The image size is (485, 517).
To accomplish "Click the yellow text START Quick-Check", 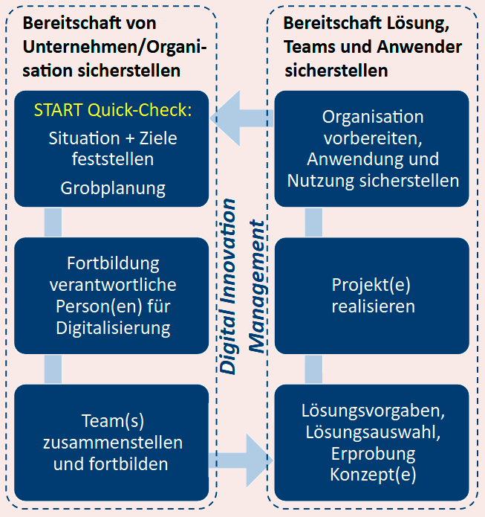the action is point(113,110).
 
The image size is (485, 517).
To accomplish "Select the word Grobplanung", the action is point(113,188).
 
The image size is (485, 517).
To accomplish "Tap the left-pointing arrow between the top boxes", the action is point(241,118).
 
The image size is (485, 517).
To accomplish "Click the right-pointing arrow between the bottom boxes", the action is point(241,460).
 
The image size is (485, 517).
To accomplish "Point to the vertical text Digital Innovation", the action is point(228,286).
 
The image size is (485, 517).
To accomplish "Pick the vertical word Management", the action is point(257,286).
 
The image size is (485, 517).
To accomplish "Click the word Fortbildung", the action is point(113,264).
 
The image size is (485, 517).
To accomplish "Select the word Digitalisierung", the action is point(113,328).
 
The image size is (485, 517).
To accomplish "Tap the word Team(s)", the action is point(113,421).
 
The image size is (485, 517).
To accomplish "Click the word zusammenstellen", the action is point(113,443).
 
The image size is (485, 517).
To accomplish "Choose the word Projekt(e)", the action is point(371,285).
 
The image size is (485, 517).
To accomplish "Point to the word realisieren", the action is point(373,306).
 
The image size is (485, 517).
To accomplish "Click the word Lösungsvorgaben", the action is point(373,411).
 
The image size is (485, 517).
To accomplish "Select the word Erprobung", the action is point(373,454).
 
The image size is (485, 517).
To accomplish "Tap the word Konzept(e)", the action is point(373,475).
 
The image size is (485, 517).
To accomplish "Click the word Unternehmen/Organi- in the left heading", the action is point(114,47).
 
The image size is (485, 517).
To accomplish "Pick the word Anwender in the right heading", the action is point(419,47).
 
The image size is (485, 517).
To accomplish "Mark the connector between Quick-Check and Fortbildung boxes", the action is point(53,222).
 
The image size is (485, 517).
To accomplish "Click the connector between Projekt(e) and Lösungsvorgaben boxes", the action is point(313,369).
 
